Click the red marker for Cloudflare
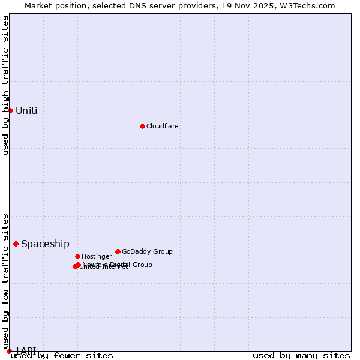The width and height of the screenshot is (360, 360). pyautogui.click(x=142, y=126)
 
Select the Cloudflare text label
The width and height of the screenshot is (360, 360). pyautogui.click(x=162, y=127)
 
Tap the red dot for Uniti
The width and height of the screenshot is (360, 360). pyautogui.click(x=10, y=110)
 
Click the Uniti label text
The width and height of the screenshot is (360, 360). pyautogui.click(x=26, y=110)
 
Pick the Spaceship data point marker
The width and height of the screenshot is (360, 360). pyautogui.click(x=16, y=244)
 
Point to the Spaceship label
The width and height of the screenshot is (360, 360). pyautogui.click(x=45, y=244)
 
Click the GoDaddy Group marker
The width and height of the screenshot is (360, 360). pyautogui.click(x=118, y=251)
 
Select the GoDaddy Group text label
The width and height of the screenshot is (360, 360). pyautogui.click(x=147, y=252)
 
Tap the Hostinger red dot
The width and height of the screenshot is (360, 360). pyautogui.click(x=77, y=256)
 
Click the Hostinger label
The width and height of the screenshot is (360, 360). pyautogui.click(x=97, y=257)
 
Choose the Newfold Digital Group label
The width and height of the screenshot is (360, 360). pyautogui.click(x=118, y=265)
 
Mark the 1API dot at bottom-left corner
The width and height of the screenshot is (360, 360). pyautogui.click(x=9, y=351)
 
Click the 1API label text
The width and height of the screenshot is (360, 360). pyautogui.click(x=26, y=350)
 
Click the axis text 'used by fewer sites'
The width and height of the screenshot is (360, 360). pyautogui.click(x=62, y=356)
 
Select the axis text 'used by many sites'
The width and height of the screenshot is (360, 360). pyautogui.click(x=301, y=356)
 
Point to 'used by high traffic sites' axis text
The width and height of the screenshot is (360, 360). pyautogui.click(x=5, y=85)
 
